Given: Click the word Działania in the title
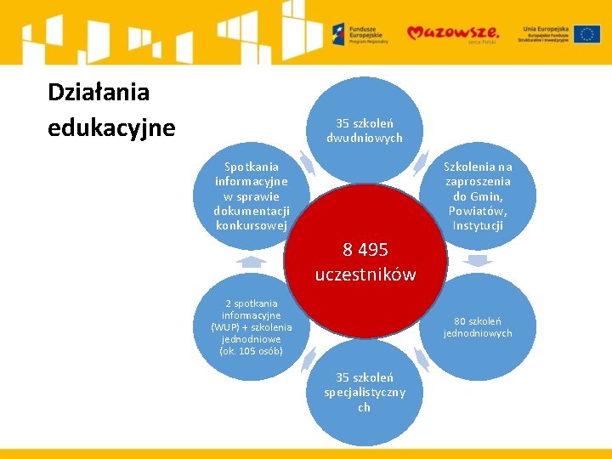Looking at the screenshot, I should [x=99, y=92].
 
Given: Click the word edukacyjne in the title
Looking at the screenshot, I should [x=111, y=127].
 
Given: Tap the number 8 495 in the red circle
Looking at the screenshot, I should [x=365, y=250].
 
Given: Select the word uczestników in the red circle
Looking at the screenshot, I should [x=365, y=275].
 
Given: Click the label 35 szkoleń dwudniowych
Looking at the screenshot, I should [x=365, y=131].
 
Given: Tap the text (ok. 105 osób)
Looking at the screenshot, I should [x=252, y=351].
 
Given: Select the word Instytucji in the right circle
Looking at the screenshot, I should [x=479, y=225].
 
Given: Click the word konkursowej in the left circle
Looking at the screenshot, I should [x=252, y=225].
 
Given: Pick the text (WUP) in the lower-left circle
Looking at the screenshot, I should [x=227, y=327].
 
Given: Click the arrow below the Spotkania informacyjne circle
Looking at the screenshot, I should [x=252, y=262].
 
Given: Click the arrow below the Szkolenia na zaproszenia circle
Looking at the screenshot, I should [x=479, y=261].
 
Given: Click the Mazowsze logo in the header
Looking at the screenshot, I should [x=453, y=33].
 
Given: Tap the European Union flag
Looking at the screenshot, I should [x=586, y=34].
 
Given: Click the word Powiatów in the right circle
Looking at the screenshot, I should [x=479, y=211].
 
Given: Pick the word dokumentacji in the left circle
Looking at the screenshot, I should [x=252, y=211].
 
